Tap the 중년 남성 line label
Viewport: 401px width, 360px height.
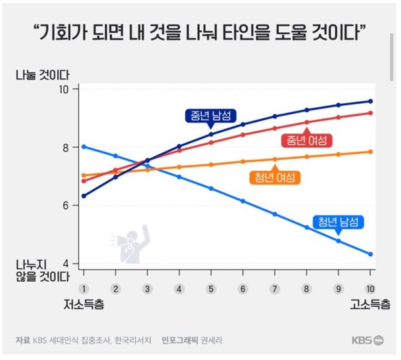click(211, 116)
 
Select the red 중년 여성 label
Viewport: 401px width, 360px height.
click(306, 140)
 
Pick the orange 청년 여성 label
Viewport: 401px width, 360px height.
click(275, 177)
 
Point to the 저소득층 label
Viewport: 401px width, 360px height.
click(83, 305)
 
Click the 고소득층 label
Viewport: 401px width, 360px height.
click(370, 305)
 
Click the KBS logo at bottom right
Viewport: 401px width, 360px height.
click(367, 340)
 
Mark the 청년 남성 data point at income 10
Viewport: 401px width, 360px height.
click(370, 254)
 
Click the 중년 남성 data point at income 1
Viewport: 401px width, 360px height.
click(83, 196)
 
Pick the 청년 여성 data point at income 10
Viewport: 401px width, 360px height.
click(370, 152)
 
